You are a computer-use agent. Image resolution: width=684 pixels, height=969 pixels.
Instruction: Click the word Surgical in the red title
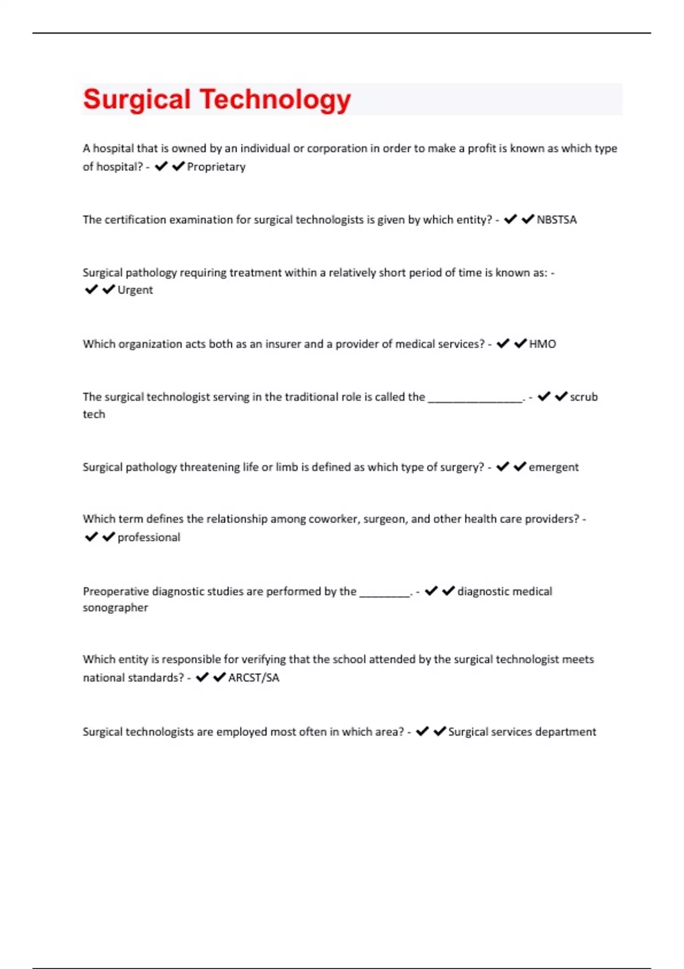coord(137,100)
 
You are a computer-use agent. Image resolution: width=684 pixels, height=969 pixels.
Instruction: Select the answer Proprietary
coord(216,167)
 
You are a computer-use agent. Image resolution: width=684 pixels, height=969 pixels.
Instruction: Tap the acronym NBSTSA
coord(556,220)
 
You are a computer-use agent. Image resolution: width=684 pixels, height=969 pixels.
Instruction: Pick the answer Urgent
coord(135,290)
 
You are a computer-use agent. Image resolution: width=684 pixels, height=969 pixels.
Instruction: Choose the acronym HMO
coord(542,344)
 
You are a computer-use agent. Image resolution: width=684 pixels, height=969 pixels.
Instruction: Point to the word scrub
coord(584,397)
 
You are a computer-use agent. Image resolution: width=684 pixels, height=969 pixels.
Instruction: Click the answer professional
coord(149,538)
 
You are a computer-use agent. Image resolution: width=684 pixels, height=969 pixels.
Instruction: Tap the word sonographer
coord(115,608)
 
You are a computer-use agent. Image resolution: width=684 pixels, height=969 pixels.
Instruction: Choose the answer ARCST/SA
coord(254,678)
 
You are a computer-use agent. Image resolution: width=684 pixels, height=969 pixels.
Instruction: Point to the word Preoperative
coord(116,592)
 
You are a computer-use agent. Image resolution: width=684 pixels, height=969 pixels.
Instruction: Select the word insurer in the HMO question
coord(282,344)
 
